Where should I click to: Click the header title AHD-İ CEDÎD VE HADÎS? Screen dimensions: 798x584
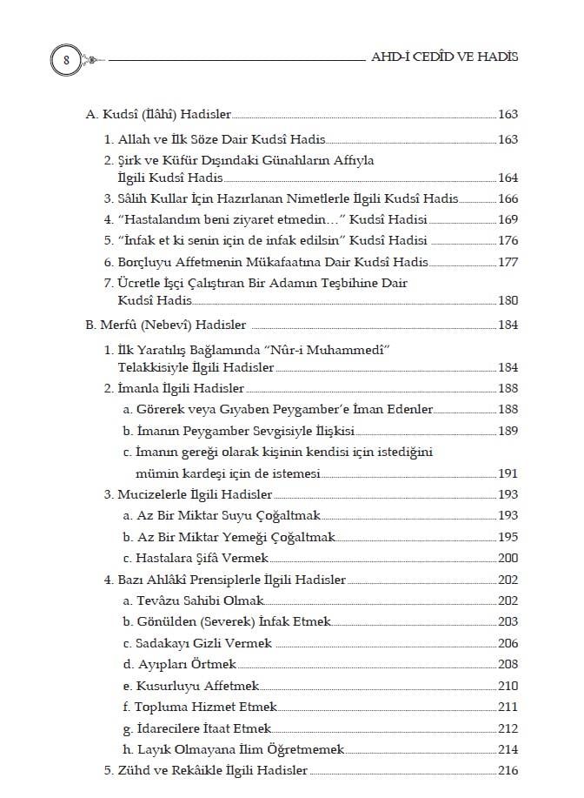(445, 57)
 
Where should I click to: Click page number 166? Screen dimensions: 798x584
(508, 199)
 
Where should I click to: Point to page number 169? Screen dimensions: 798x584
(508, 220)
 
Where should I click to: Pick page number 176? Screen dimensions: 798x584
(508, 241)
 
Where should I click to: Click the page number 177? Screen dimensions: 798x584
(508, 262)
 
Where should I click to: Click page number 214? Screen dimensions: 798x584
(508, 749)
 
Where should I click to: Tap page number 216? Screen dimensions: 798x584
(508, 770)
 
